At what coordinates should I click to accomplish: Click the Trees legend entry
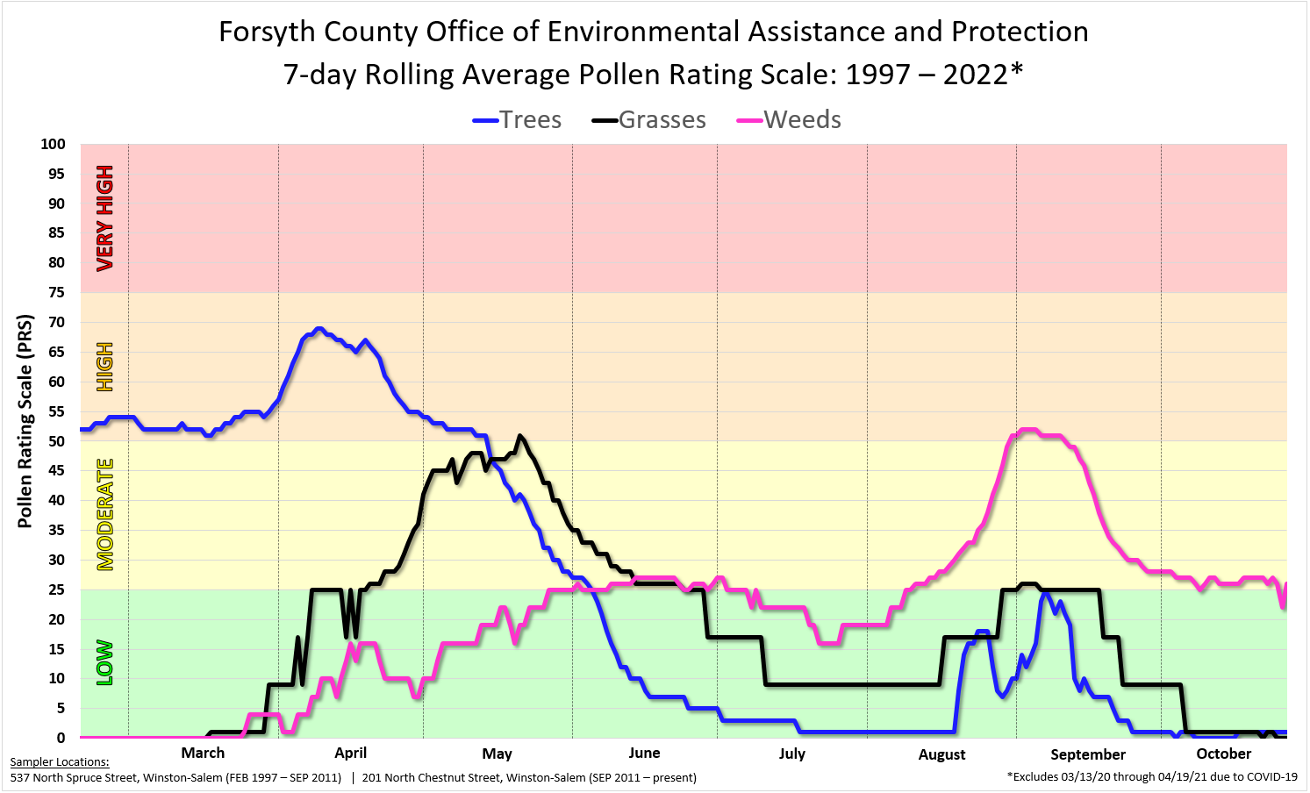click(x=518, y=120)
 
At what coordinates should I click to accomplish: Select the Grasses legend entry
click(x=649, y=120)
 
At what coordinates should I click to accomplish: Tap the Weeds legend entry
click(x=789, y=120)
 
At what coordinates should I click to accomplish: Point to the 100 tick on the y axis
click(x=53, y=144)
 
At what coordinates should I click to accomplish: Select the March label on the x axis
click(x=203, y=753)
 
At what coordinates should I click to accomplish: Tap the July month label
click(x=791, y=754)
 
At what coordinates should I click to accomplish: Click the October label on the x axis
click(x=1223, y=754)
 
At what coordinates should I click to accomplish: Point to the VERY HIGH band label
click(x=105, y=218)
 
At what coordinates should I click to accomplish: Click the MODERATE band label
click(x=105, y=514)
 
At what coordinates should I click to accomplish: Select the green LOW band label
click(x=105, y=662)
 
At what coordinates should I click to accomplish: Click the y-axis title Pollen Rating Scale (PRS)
click(x=25, y=421)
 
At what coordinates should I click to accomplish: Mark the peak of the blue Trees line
click(x=319, y=329)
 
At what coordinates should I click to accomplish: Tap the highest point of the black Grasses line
click(x=520, y=435)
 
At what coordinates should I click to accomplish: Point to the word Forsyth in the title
click(x=267, y=32)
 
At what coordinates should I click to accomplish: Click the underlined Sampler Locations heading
click(x=60, y=762)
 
